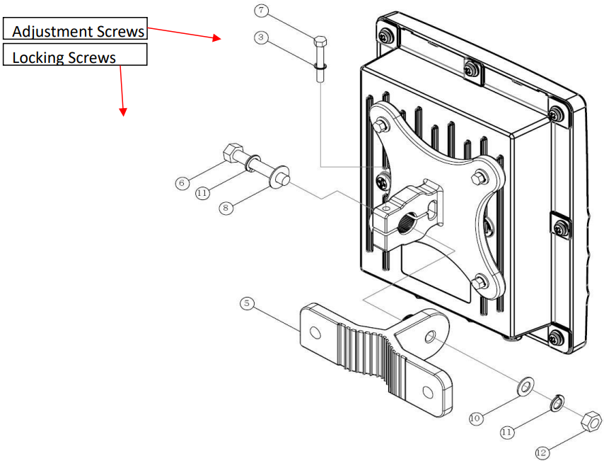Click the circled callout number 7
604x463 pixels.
tap(262, 10)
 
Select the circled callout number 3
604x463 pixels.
tap(262, 37)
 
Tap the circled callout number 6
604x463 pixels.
tap(182, 183)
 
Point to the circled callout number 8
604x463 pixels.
tap(226, 208)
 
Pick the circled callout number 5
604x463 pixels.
tap(247, 303)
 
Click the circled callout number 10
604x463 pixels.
tap(476, 418)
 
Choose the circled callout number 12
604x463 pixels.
tap(542, 452)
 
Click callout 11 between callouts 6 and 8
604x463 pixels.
tap(202, 192)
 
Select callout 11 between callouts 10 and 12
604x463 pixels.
tap(507, 432)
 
